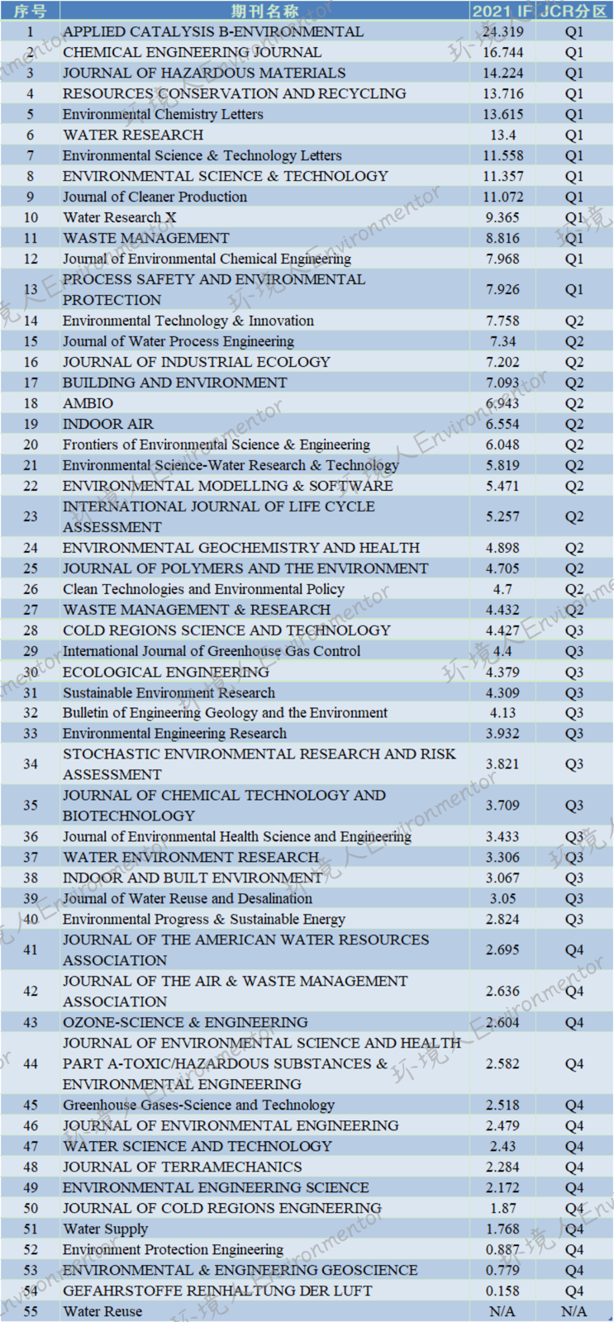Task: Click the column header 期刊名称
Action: (264, 12)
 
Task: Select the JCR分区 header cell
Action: (574, 12)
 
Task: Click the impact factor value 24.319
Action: (503, 32)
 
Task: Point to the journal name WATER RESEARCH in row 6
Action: (133, 136)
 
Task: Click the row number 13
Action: (30, 290)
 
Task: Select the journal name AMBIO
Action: (88, 404)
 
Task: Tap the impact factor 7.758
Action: (503, 321)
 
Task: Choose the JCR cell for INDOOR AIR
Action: (574, 425)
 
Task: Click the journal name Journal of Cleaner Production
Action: (155, 197)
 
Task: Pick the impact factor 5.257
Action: (503, 517)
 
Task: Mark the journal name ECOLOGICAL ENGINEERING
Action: (166, 673)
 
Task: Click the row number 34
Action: (30, 764)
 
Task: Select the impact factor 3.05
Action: (503, 899)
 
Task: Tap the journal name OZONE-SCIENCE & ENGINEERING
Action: (185, 1023)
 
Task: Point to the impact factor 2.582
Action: (503, 1064)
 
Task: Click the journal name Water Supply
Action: (105, 1229)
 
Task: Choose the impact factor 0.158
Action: (503, 1291)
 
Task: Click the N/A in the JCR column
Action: (574, 1311)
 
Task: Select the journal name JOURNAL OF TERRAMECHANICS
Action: (183, 1167)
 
